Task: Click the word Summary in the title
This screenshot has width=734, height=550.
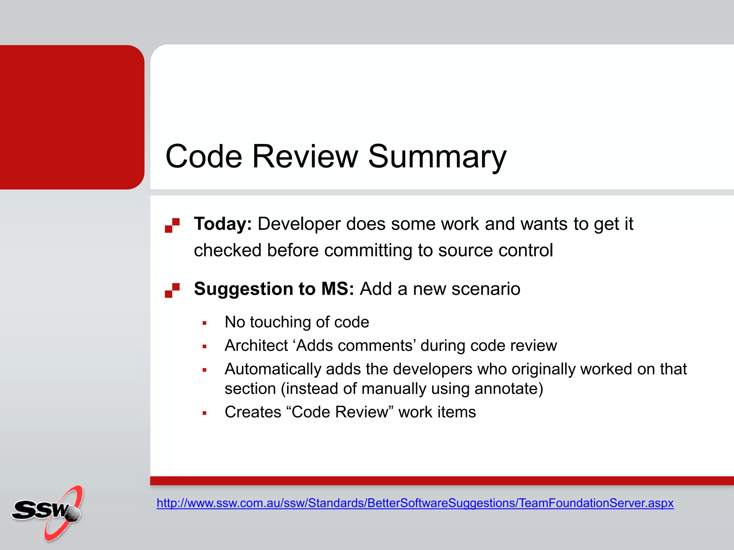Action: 437,156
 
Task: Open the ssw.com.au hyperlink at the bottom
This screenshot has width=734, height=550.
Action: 415,503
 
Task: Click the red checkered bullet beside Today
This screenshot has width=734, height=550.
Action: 172,225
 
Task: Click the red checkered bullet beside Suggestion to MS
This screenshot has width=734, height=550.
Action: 172,290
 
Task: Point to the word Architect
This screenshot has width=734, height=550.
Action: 256,346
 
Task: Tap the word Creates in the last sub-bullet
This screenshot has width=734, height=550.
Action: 253,412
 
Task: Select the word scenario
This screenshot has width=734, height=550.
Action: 486,289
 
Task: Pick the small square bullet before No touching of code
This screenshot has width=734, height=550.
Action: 205,323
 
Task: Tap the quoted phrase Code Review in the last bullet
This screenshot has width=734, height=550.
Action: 340,412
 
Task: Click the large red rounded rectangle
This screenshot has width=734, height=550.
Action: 72,117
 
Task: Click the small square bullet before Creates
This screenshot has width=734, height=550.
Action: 205,413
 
